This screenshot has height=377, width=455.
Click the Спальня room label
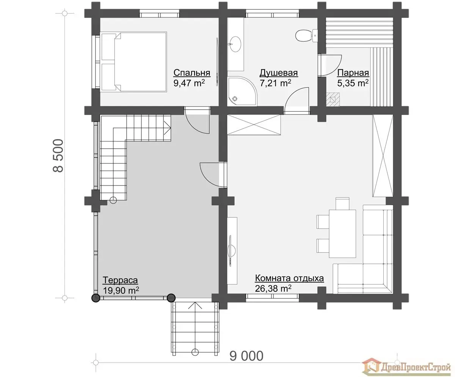click(x=192, y=73)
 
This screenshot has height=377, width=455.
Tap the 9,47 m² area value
click(x=189, y=83)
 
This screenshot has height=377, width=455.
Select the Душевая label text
click(x=278, y=73)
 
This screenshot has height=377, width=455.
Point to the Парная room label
click(x=353, y=73)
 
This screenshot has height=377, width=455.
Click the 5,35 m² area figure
click(x=353, y=83)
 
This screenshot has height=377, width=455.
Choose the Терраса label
click(x=120, y=280)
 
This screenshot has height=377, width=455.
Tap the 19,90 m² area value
click(x=121, y=291)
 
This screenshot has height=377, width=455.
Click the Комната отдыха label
click(x=289, y=278)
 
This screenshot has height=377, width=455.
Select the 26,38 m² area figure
click(x=273, y=289)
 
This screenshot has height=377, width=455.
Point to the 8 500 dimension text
click(x=58, y=156)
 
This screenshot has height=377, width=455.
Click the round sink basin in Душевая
click(x=235, y=44)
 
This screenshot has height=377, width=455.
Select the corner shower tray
click(x=242, y=91)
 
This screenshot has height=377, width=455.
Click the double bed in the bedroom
click(x=133, y=62)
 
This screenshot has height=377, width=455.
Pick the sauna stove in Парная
click(x=333, y=99)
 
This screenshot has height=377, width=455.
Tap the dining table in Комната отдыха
click(x=342, y=234)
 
